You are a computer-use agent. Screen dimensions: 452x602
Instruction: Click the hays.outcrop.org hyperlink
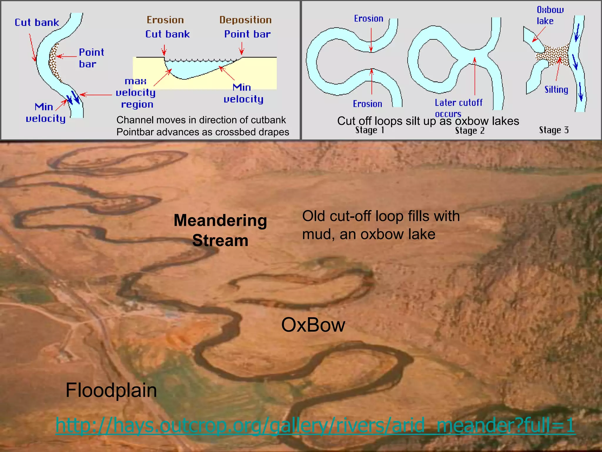315,425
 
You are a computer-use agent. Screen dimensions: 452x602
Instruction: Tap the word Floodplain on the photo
111,390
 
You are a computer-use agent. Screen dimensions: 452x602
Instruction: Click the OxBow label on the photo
313,325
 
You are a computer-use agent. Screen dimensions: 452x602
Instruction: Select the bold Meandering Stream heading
220,230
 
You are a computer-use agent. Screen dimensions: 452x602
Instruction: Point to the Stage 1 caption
369,130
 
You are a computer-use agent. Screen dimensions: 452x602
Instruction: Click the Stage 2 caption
469,131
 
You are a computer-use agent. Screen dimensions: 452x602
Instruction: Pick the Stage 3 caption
553,130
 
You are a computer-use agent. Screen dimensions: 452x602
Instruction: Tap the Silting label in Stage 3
556,89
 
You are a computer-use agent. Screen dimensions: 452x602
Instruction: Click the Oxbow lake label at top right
550,15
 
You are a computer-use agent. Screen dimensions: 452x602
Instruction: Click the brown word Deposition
245,20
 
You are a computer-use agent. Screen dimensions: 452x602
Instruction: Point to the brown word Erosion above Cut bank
165,20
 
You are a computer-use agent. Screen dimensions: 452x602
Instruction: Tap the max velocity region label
136,93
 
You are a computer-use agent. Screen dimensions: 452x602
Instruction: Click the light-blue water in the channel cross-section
191,69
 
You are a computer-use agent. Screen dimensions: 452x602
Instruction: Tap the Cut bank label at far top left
37,23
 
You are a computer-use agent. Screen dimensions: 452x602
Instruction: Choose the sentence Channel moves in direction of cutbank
201,120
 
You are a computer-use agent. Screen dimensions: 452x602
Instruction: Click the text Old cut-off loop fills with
381,216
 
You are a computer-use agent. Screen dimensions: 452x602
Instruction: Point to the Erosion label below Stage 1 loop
367,104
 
